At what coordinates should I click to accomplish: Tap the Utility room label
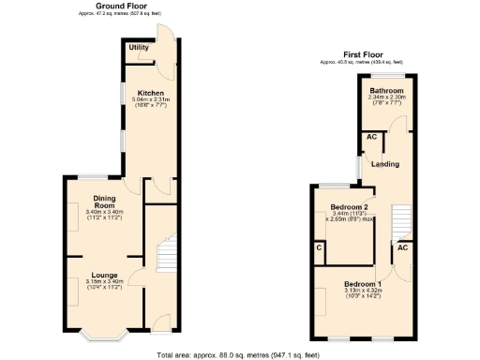[x=139, y=47]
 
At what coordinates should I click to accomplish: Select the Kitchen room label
[x=151, y=94]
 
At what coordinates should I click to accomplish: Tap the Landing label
[x=385, y=164]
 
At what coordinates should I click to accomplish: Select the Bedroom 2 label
[x=349, y=207]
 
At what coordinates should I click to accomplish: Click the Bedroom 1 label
[x=362, y=283]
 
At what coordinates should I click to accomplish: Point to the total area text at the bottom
[x=240, y=354]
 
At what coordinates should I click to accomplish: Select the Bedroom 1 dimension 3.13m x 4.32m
[x=362, y=291]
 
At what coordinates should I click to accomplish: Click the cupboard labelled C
[x=319, y=247]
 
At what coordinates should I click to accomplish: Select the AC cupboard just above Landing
[x=372, y=137]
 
